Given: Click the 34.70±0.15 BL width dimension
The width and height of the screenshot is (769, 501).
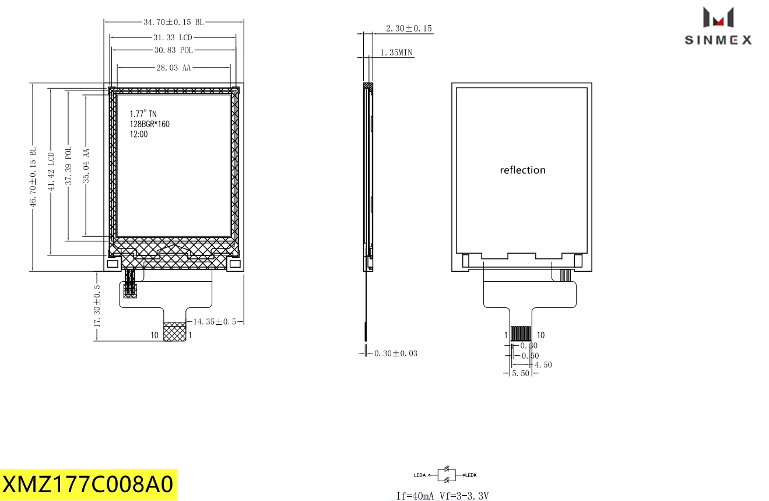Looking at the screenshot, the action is [174, 22].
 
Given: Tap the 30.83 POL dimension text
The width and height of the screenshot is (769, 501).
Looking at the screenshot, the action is [174, 51].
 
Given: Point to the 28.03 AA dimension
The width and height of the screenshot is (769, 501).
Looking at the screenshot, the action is [173, 68].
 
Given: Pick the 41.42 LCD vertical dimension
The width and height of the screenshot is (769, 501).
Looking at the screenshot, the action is [51, 171].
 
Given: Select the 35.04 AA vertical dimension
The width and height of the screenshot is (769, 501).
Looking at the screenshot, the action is [86, 166].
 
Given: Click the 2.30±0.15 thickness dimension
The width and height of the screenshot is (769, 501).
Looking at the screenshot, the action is [409, 29].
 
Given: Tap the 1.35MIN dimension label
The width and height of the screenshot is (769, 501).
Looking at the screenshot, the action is [396, 52].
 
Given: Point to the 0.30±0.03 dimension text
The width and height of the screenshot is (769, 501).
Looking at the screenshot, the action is [395, 353].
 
